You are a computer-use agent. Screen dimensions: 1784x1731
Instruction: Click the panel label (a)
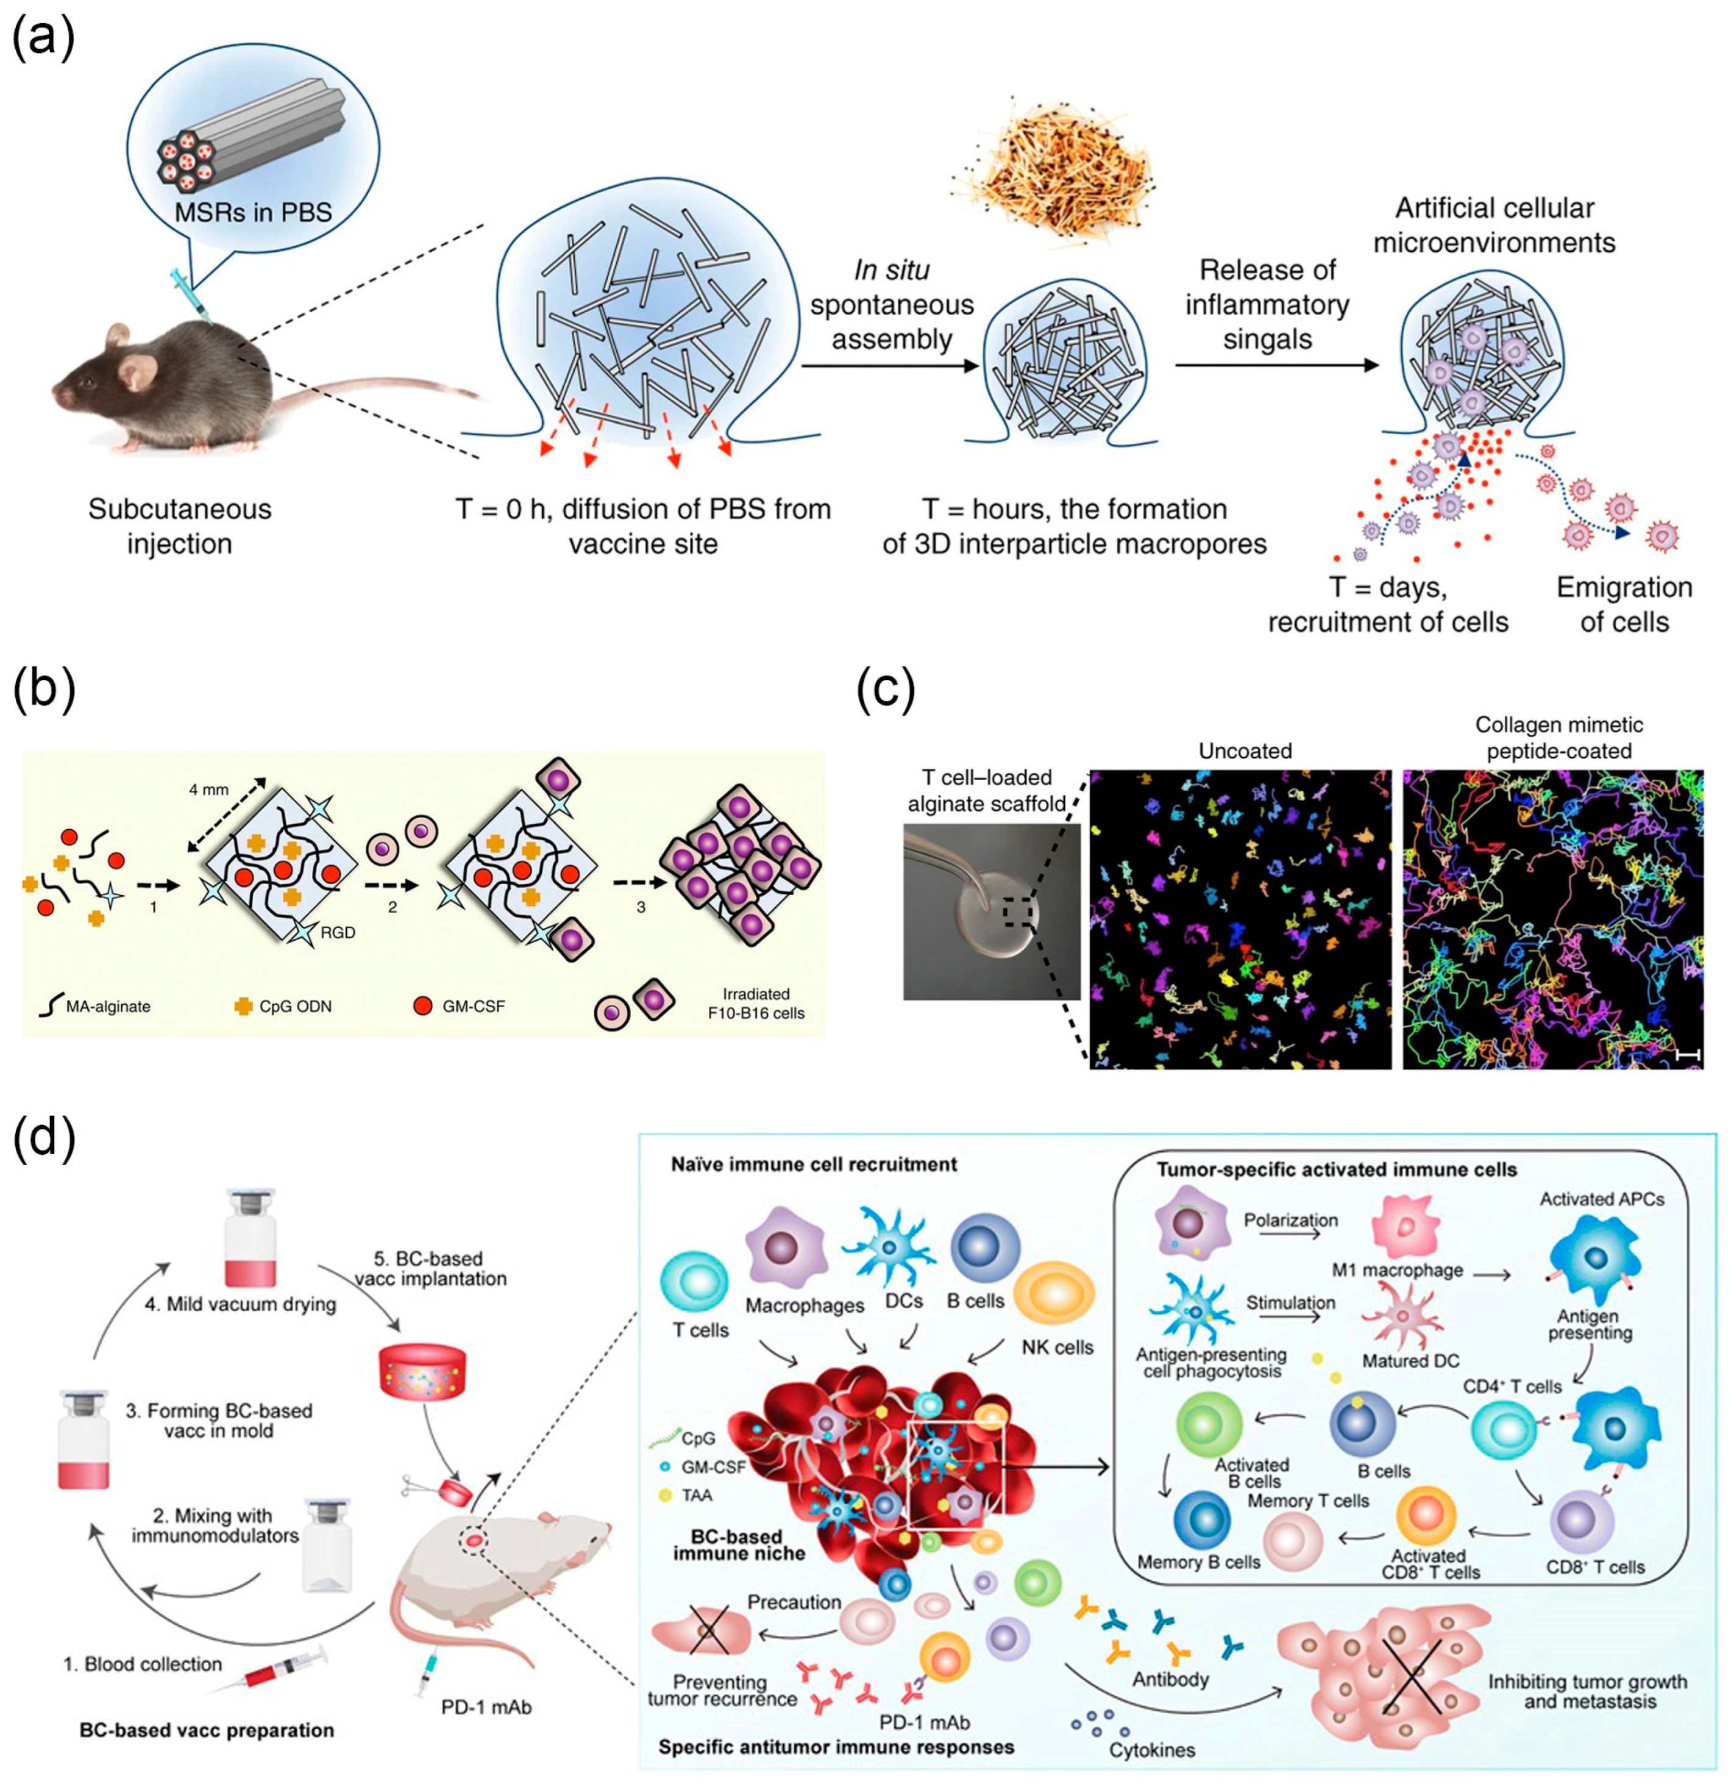(43, 39)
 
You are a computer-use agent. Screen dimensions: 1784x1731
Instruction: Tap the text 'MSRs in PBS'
(254, 212)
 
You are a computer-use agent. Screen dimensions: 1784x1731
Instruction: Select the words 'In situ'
(891, 270)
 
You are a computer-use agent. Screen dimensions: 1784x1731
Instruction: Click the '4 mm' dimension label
(208, 789)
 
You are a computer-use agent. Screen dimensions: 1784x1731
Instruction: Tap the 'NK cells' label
(1057, 1347)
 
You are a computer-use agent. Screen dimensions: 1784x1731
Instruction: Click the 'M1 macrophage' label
(1397, 1270)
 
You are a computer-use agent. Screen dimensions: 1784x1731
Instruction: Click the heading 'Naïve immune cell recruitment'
(814, 1164)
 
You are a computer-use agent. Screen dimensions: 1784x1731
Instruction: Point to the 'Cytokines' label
(1151, 1749)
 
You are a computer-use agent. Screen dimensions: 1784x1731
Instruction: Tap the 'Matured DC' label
(1410, 1361)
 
